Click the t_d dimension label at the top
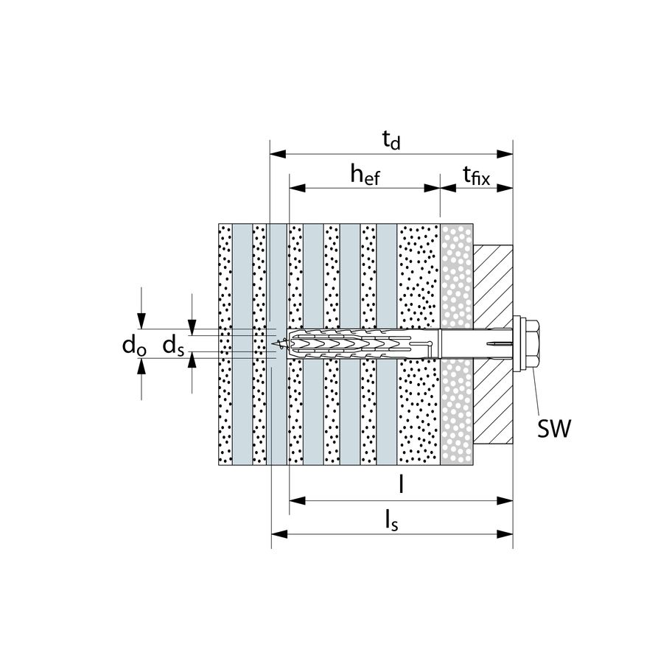tap(391, 139)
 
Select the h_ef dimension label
tap(365, 175)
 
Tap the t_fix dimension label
tap(475, 175)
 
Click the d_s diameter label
tap(173, 345)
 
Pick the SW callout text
tap(553, 430)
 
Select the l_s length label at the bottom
tap(392, 520)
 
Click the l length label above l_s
tap(400, 485)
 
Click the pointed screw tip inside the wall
tap(277, 342)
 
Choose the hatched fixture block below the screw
tap(491, 402)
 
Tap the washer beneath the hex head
tap(518, 341)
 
